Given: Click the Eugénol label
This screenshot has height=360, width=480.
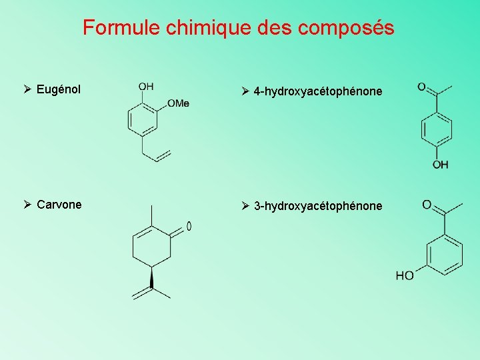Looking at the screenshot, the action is pyautogui.click(x=59, y=89).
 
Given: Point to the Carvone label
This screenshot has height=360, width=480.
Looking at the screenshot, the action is pyautogui.click(x=59, y=205).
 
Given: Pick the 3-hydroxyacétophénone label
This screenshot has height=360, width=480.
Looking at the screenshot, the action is pyautogui.click(x=318, y=206).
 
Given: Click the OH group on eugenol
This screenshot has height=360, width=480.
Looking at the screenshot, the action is pyautogui.click(x=146, y=87).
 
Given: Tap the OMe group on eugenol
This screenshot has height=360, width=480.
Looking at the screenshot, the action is pyautogui.click(x=178, y=103).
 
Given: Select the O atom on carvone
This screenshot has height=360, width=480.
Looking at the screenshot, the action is pyautogui.click(x=189, y=227).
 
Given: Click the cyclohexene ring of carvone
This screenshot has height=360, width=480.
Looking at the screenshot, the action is pyautogui.click(x=152, y=246).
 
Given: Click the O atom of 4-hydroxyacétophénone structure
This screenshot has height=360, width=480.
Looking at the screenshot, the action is pyautogui.click(x=421, y=87).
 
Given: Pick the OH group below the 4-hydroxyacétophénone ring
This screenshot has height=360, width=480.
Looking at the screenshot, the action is pyautogui.click(x=440, y=165).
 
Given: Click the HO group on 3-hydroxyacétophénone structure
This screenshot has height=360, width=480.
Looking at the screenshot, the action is pyautogui.click(x=405, y=275).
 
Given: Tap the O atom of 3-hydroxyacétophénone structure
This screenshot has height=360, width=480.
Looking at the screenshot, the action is pyautogui.click(x=427, y=204).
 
